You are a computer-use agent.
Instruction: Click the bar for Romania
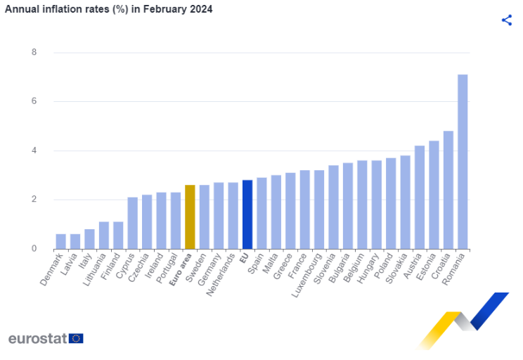[x=463, y=162]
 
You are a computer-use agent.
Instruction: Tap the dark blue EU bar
[x=247, y=214]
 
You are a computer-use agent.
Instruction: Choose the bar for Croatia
[x=448, y=190]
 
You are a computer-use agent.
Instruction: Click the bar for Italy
[x=89, y=239]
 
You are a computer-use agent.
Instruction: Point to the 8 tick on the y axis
[x=34, y=53]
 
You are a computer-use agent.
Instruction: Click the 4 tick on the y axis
[x=34, y=150]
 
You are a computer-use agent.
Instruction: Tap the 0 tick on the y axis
[x=34, y=249]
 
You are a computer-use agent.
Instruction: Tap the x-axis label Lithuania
[x=94, y=271]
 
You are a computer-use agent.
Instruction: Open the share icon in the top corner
[x=506, y=20]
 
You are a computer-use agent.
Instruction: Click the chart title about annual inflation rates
[x=109, y=9]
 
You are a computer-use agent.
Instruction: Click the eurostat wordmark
[x=37, y=338]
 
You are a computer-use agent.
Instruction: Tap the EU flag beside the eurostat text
[x=76, y=338]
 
